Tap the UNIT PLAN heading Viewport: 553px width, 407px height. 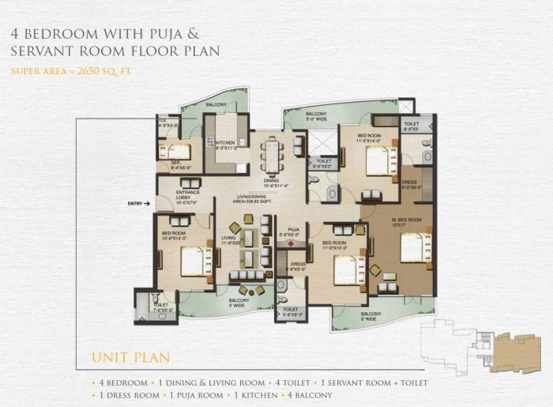pos(130,358)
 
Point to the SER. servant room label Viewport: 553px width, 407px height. pos(176,163)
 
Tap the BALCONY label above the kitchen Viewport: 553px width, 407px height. pos(216,105)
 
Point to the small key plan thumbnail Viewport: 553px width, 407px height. pos(474,348)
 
